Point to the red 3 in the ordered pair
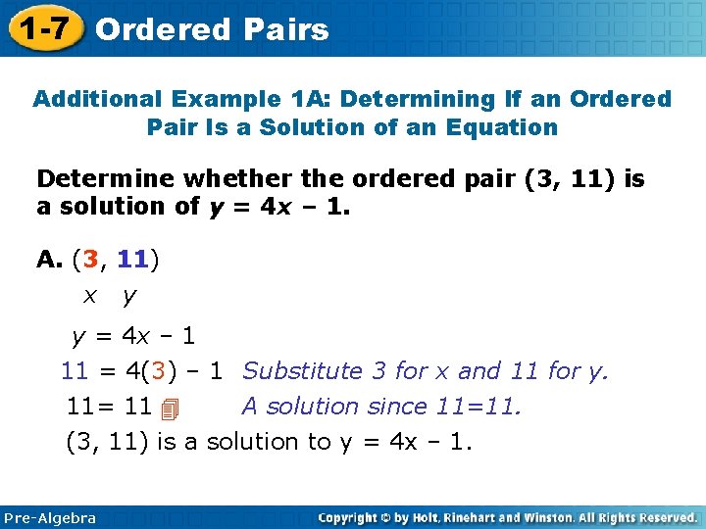tap(91, 259)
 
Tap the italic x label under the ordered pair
tap(89, 295)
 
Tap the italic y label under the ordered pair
tap(128, 296)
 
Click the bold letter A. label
tap(48, 259)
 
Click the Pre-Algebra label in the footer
tap(50, 517)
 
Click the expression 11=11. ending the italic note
tap(486, 406)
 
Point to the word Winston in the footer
tap(547, 517)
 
